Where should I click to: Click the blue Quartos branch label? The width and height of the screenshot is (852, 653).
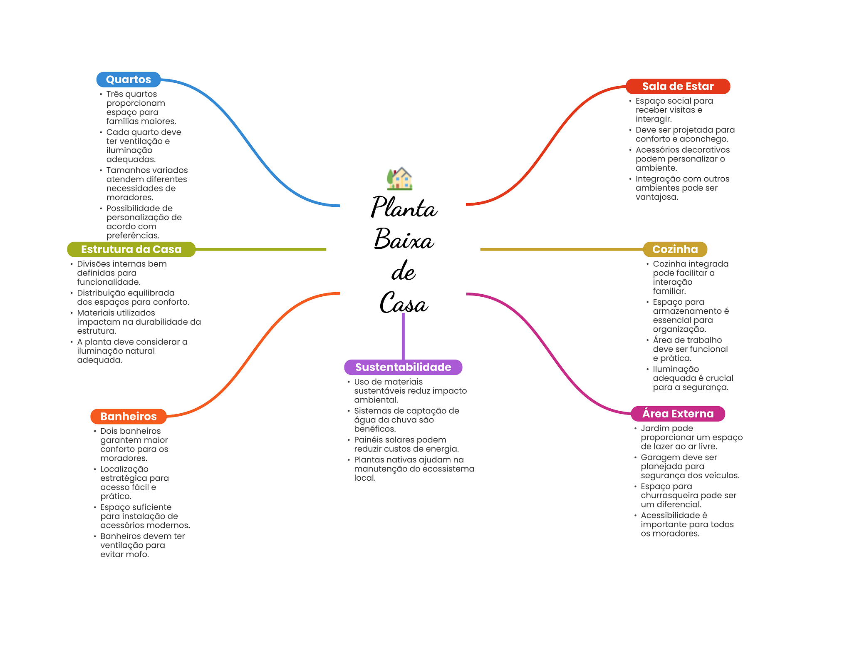point(128,79)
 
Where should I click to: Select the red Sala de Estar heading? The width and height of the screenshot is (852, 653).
point(678,86)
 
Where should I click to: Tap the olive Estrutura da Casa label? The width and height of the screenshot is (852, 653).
point(131,249)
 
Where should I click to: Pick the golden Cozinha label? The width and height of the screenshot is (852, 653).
point(675,249)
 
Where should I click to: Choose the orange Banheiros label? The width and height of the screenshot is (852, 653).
point(129,416)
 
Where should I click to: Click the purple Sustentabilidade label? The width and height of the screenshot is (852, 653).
point(403,367)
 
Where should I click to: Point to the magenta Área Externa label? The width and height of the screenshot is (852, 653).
point(678,414)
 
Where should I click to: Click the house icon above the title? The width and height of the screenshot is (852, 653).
point(400,179)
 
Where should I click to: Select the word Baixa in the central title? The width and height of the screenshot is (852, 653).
point(404,240)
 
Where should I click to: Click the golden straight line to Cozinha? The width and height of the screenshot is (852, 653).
point(562,249)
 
